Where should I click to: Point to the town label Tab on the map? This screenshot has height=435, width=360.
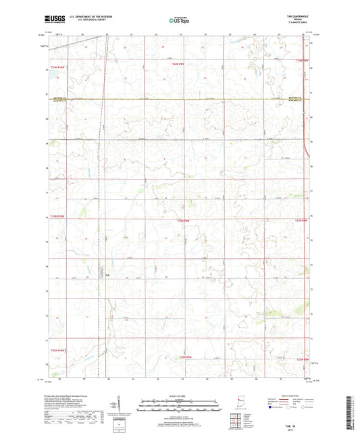(x=107, y=274)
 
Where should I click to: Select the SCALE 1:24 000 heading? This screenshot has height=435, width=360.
(x=179, y=396)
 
